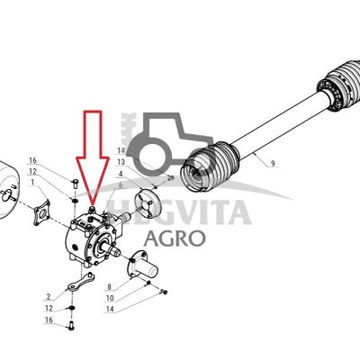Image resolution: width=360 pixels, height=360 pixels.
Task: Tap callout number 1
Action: click(x=33, y=182)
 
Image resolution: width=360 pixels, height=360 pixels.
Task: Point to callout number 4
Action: click(x=121, y=173)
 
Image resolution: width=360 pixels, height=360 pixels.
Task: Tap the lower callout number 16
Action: click(x=49, y=319)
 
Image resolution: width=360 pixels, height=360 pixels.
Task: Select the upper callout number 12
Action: click(x=32, y=171)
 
